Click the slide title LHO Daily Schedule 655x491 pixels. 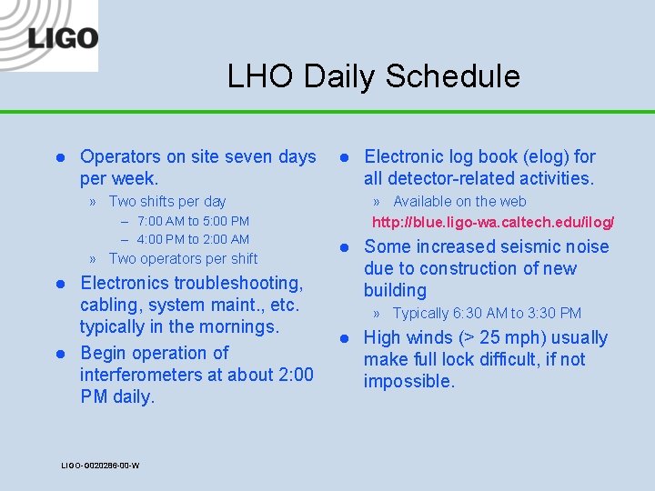(373, 76)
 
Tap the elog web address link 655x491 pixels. (493, 222)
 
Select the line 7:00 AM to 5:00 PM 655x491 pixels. (193, 221)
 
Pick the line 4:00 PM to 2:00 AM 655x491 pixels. (193, 240)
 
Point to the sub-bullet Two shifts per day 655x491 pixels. (166, 202)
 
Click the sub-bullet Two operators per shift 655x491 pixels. (182, 259)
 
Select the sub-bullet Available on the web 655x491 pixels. (458, 202)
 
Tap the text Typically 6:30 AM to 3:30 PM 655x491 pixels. (486, 314)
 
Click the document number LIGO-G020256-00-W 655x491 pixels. (100, 466)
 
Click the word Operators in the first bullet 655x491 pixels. (123, 157)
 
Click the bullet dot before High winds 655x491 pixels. (345, 338)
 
